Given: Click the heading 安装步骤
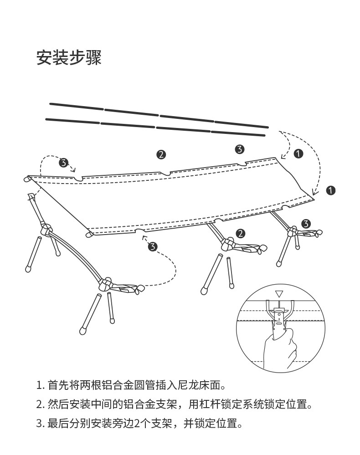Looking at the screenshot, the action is click(69, 58).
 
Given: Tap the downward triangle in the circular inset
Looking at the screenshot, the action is click(279, 294).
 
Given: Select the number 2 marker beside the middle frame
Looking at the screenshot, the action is click(241, 234).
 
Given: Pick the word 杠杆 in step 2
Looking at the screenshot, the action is click(210, 404).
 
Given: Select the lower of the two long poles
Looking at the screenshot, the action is click(155, 128).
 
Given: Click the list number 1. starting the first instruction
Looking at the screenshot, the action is click(40, 386).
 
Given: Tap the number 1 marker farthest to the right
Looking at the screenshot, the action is click(331, 190).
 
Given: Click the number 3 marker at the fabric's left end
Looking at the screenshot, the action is click(63, 163).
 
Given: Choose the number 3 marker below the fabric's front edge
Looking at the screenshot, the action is click(153, 247).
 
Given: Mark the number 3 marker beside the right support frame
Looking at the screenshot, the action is click(306, 223).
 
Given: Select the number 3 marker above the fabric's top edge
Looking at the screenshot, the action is click(240, 149).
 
